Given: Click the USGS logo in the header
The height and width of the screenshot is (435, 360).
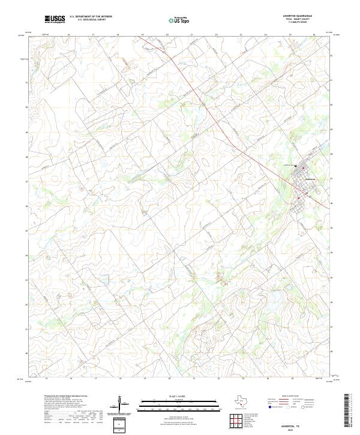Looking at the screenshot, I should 55,19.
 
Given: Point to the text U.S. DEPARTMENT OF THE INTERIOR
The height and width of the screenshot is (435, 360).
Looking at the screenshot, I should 91,17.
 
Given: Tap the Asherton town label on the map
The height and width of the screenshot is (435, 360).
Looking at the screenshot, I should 310,179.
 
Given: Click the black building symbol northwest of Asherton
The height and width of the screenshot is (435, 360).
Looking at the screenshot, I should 296,167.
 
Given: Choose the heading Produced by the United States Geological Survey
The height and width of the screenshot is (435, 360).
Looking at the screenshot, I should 65,396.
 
